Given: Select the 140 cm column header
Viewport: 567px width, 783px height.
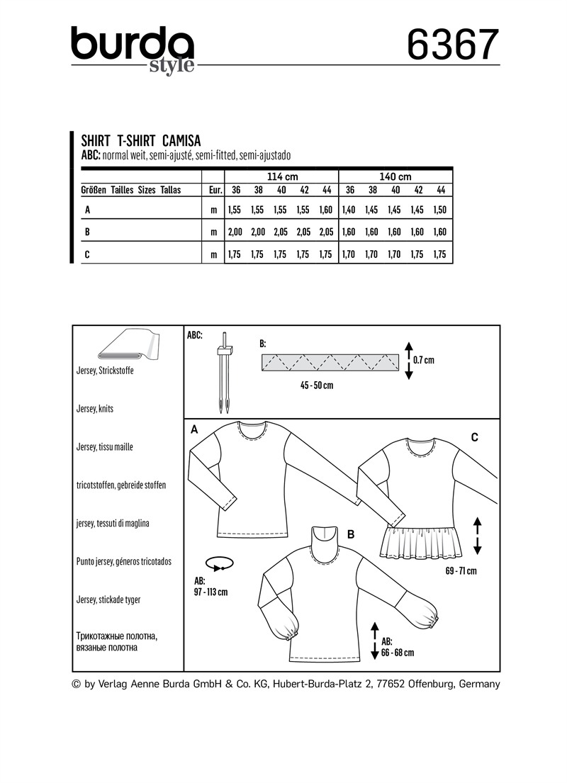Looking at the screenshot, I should (395, 176).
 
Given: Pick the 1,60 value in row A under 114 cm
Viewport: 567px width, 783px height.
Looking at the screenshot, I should (325, 210).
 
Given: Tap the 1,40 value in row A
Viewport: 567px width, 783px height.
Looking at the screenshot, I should (349, 210).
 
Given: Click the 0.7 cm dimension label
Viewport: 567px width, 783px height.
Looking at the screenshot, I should (423, 360).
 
